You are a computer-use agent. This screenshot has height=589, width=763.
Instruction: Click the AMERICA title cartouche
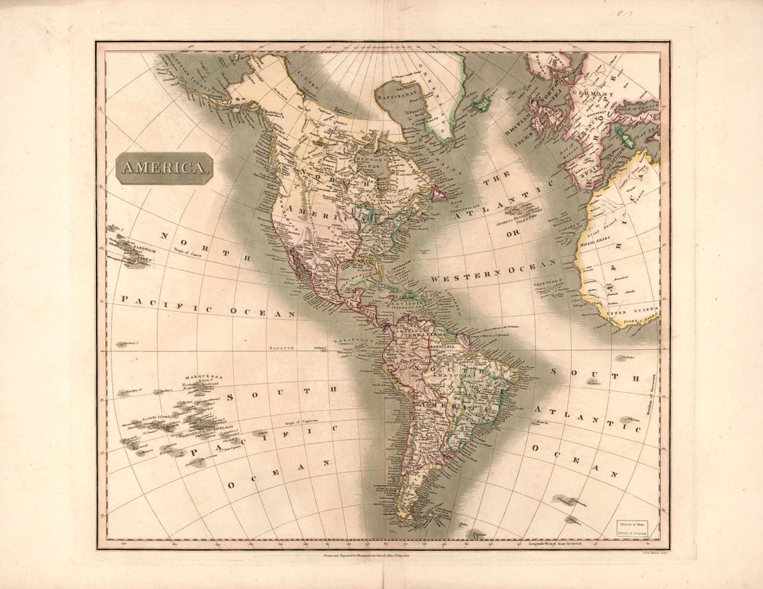click(164, 168)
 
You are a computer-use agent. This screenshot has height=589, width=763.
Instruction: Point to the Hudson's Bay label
click(370, 160)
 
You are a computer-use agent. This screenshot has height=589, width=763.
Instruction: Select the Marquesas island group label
click(209, 377)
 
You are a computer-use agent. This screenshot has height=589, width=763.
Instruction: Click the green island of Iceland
click(481, 104)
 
